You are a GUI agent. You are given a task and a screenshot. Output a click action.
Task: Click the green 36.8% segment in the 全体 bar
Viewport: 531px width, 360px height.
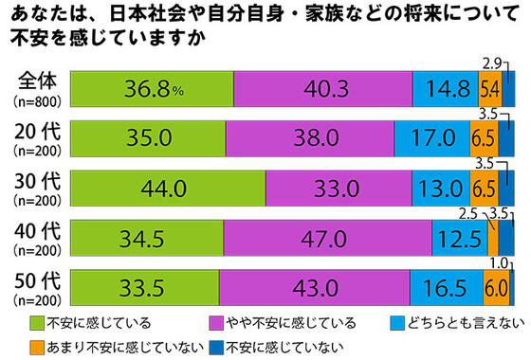tap(152, 88)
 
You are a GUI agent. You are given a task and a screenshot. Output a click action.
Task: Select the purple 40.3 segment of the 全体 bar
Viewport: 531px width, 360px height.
tap(322, 88)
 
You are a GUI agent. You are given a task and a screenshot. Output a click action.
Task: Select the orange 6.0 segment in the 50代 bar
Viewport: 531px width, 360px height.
tap(494, 287)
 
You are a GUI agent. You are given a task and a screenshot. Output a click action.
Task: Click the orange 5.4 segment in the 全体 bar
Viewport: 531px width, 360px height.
tap(490, 88)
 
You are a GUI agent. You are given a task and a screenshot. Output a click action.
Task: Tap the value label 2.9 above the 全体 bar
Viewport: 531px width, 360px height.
tap(492, 63)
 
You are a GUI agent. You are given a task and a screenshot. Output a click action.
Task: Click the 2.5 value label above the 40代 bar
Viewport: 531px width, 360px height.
tap(468, 213)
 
